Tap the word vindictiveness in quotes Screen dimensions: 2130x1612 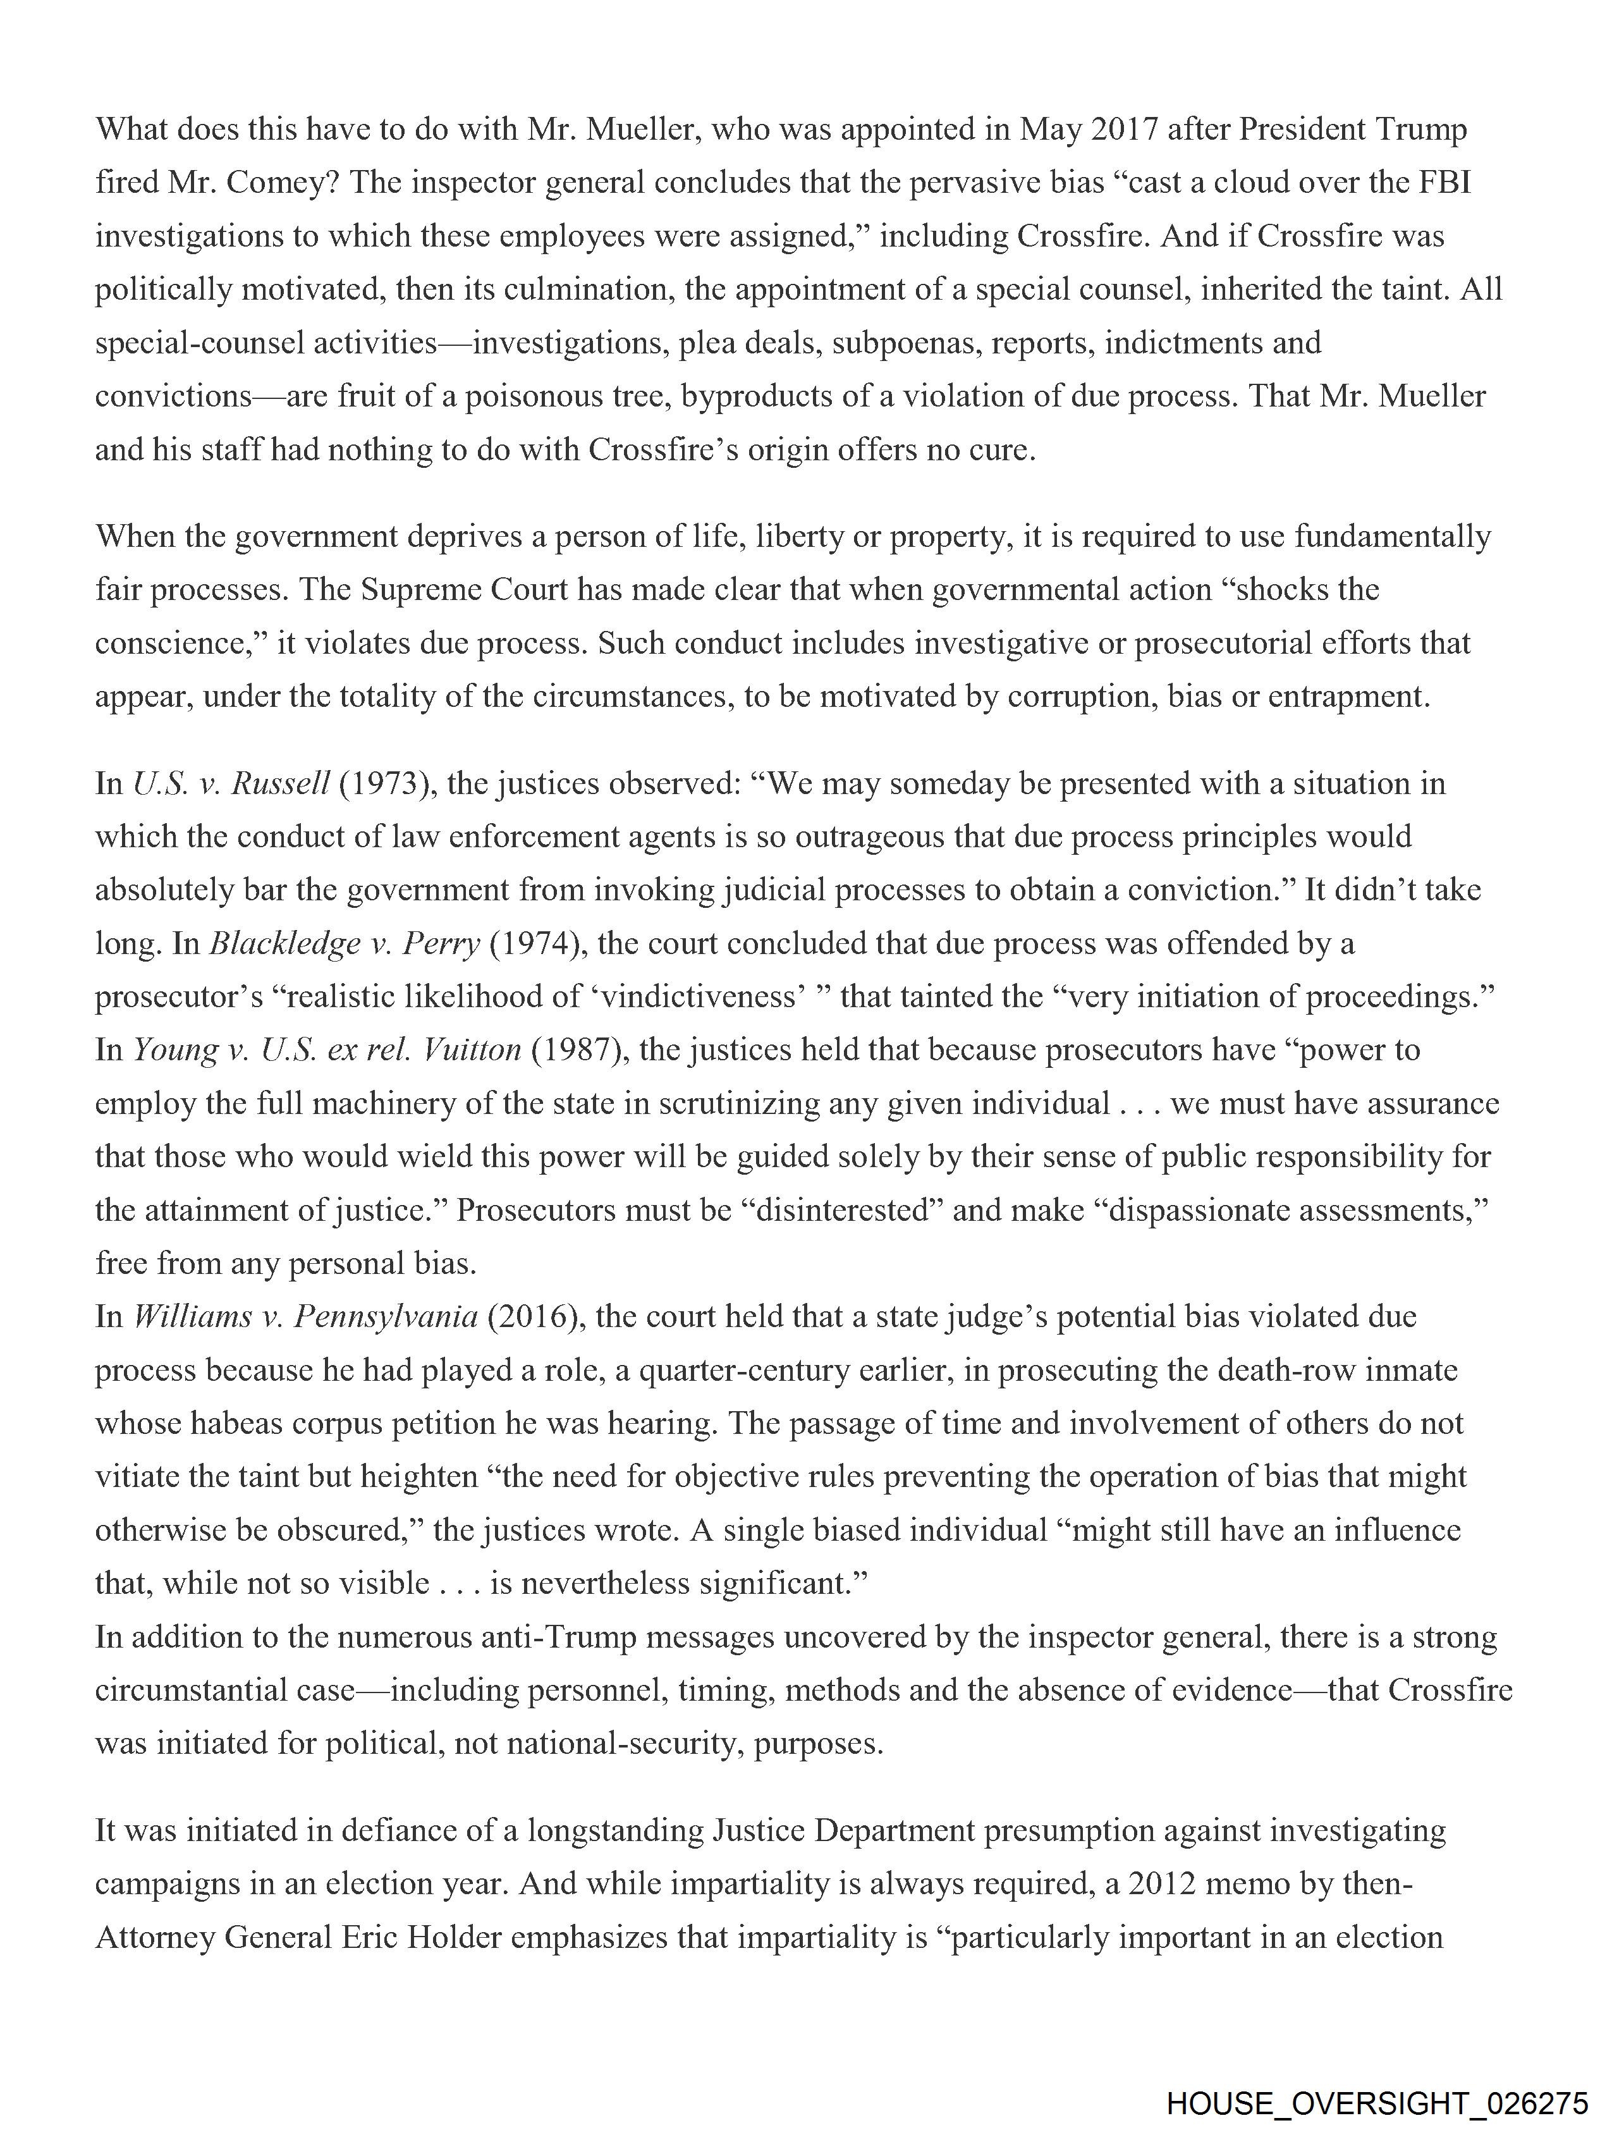point(699,996)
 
